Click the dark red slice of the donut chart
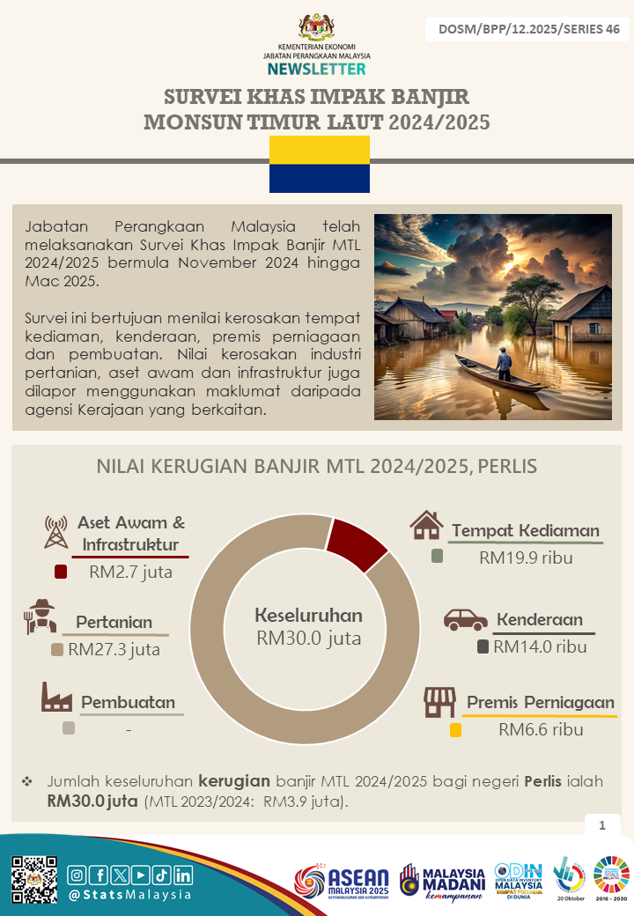pos(356,536)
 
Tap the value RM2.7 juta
pos(130,572)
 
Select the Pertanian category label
pos(114,622)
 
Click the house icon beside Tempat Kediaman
pos(426,526)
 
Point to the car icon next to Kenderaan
pos(465,620)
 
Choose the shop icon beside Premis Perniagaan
pos(439,702)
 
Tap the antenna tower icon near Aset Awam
pos(55,531)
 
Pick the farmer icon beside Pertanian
pos(41,617)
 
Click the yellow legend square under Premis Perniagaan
pos(455,730)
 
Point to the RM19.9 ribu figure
pos(527,558)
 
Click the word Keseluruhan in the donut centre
pos(308,615)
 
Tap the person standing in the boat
pos(503,361)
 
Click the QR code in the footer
pos(34,878)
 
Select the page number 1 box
pos(602,825)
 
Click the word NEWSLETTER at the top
pos(316,69)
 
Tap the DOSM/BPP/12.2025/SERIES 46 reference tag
pos(528,29)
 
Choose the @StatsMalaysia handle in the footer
pos(129,895)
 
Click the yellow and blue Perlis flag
pos(319,165)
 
